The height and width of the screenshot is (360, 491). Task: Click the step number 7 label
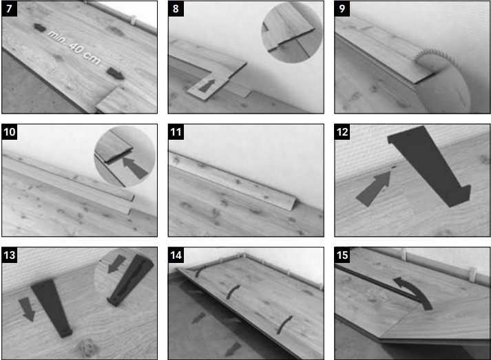point(9,8)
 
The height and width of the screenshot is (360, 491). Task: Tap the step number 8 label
point(176,8)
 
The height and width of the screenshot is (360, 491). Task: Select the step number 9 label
point(342,8)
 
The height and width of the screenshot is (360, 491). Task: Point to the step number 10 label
point(10,131)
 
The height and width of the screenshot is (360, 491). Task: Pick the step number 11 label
point(176,131)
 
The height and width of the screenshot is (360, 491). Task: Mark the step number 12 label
point(342,131)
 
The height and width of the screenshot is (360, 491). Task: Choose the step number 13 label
point(10,255)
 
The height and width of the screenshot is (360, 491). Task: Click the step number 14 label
point(176,255)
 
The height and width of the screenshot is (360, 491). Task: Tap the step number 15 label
point(342,255)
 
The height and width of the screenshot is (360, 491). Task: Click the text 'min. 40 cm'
point(74,47)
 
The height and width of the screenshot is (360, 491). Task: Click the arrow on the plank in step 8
point(207,85)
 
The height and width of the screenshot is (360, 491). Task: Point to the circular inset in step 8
point(292,32)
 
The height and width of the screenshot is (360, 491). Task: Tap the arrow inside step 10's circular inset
point(135,168)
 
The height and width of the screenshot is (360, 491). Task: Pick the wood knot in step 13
point(87,348)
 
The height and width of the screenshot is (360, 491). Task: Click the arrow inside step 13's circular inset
point(116,263)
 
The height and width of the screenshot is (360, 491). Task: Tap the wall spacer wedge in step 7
point(134,20)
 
